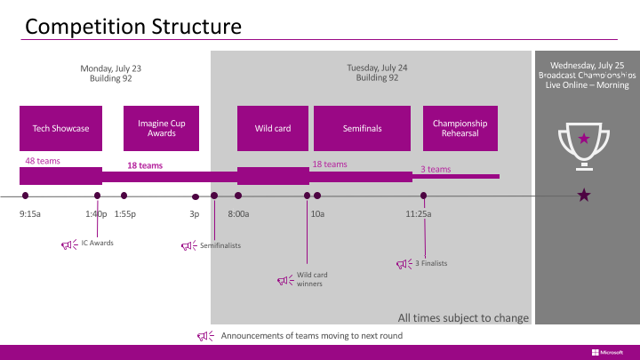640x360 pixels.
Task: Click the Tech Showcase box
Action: [60, 128]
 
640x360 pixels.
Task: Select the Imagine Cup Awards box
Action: [161, 128]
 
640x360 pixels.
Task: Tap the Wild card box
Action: [273, 128]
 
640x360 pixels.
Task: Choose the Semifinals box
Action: [362, 128]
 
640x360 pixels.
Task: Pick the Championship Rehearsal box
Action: [460, 128]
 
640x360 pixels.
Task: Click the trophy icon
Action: [584, 146]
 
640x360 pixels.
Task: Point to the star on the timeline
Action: [584, 195]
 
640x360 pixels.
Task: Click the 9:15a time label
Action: [30, 214]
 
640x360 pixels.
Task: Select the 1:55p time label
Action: [125, 214]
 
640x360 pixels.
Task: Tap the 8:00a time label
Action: [238, 214]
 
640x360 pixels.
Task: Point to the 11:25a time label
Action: [419, 214]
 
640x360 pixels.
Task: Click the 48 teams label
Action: [43, 161]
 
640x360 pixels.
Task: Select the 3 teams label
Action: [436, 169]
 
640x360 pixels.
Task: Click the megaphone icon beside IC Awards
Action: [69, 244]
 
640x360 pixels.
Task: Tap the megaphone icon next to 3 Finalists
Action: [404, 264]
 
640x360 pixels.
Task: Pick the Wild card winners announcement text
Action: [312, 279]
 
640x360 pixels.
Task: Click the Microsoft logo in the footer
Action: [607, 352]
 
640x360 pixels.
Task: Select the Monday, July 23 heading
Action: [110, 68]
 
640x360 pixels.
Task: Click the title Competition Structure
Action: [133, 27]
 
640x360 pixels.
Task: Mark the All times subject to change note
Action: [463, 317]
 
